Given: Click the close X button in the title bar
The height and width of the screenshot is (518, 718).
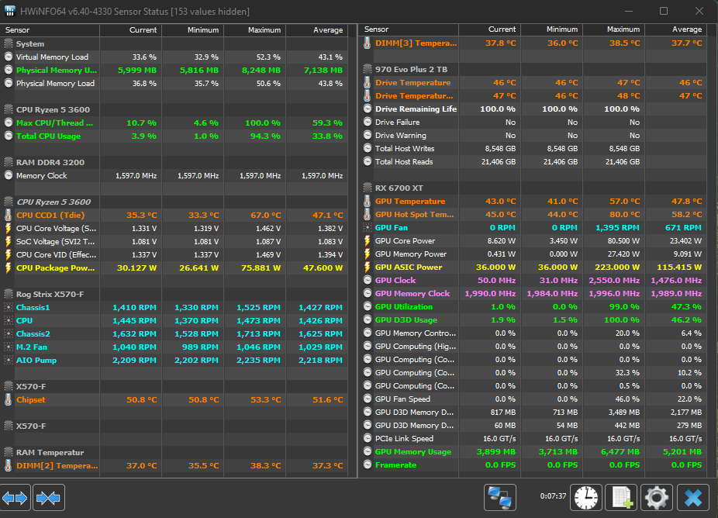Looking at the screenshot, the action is pos(699,11).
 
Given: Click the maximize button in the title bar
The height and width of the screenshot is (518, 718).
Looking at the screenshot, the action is pos(664,11).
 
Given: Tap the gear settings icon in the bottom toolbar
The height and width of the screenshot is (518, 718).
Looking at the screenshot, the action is pos(656,497).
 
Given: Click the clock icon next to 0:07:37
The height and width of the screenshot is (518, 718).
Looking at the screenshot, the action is pos(585,497).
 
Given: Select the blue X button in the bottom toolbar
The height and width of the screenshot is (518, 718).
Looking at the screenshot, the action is pos(693,497).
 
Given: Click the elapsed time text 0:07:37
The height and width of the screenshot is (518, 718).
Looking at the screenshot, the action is pos(553,496).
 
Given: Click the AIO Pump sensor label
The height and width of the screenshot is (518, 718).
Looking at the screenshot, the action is pos(36,360).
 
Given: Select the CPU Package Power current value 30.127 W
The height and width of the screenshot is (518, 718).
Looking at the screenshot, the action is pos(136,268).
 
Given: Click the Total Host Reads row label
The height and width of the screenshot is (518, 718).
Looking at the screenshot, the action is pos(404,161).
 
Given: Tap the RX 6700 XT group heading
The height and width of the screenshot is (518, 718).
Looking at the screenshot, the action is pos(399,188).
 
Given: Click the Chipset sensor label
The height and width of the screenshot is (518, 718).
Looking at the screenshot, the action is pos(31,400).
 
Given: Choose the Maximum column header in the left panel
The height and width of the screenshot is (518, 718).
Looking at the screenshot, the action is pos(264,29).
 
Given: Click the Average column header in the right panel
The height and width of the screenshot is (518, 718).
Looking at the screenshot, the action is pos(687,29).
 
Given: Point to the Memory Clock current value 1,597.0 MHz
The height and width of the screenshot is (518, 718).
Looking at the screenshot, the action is pos(136,176).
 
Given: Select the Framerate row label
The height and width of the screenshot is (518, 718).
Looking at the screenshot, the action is pos(395,464).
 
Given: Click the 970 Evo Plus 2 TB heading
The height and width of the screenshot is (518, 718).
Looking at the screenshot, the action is pos(411,70).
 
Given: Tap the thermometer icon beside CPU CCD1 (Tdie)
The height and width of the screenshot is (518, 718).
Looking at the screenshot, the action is pos(9,215).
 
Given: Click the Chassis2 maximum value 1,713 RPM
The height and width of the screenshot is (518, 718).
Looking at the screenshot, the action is pos(258,334).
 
